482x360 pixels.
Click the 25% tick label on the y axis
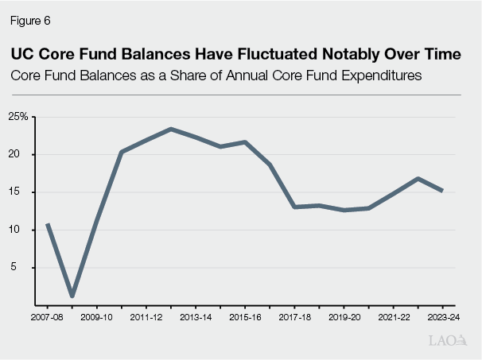coord(18,117)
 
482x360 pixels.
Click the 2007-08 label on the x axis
coord(48,317)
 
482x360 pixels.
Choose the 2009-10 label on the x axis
coord(97,317)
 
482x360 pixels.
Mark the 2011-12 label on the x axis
coord(146,317)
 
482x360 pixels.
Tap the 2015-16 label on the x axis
coord(245,317)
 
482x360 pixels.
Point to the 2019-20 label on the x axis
coord(344,317)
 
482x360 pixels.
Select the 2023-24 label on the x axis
coord(441,317)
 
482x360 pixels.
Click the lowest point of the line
coord(72,296)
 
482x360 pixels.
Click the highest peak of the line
coord(171,129)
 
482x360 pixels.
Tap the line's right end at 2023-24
coord(441,191)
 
